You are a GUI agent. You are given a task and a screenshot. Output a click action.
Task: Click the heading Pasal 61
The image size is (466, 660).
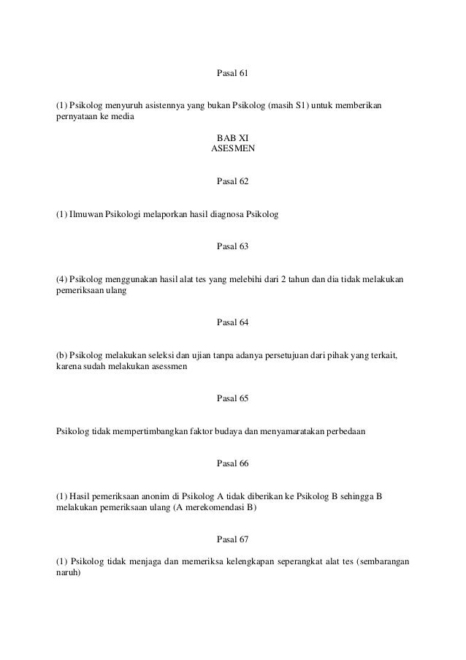tap(233, 74)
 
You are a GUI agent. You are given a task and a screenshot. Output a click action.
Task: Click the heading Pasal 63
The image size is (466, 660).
tap(233, 246)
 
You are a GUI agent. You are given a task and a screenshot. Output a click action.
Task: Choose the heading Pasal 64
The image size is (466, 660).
tap(233, 322)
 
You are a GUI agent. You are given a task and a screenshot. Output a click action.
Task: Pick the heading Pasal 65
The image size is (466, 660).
tap(233, 398)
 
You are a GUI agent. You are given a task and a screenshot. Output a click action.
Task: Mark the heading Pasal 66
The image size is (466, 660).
tap(233, 464)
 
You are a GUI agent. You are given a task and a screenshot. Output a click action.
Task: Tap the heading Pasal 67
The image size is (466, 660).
tap(233, 540)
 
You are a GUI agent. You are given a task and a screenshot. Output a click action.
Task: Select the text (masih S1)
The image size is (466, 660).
tap(287, 107)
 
